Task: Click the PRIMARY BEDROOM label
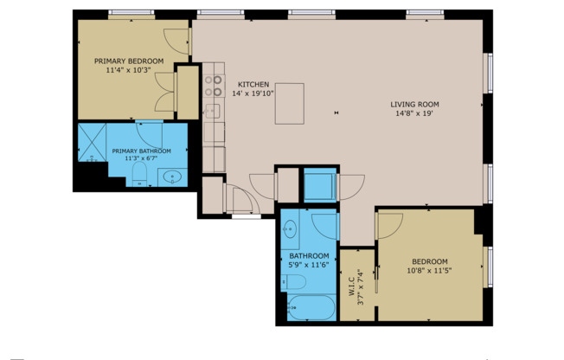pos(128,61)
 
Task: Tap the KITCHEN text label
pos(252,83)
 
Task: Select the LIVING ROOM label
pos(413,102)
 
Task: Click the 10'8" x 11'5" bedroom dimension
pos(429,271)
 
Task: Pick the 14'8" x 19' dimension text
pos(413,112)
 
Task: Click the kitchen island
pos(291,103)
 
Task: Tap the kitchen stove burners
pos(213,86)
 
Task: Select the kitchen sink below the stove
pos(212,111)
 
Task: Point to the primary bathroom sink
pos(172,177)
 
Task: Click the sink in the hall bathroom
pos(291,229)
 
